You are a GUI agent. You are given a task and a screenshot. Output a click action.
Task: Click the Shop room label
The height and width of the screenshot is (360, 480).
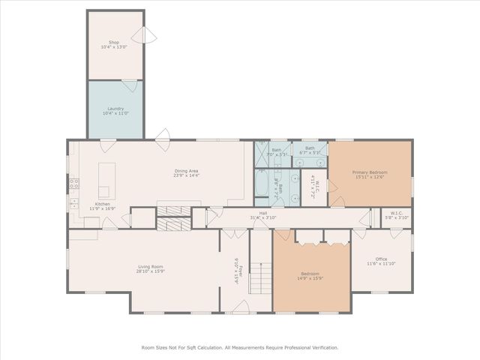(114, 42)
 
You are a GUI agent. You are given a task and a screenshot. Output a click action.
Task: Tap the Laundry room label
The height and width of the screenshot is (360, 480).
(115, 108)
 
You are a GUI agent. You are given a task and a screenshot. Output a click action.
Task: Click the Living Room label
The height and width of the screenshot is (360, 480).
(151, 265)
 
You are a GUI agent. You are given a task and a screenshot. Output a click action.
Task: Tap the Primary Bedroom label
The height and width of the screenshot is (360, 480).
(369, 172)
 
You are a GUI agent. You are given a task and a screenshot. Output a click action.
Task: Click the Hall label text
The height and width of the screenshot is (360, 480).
(263, 213)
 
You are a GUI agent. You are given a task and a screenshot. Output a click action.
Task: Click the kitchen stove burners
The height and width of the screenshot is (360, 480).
(74, 183)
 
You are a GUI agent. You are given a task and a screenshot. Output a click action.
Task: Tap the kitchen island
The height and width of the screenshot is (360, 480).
(104, 180)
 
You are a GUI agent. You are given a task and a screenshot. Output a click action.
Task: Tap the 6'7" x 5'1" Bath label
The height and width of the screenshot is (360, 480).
(310, 151)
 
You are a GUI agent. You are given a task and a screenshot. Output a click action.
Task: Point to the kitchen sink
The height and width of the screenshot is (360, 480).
(74, 203)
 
